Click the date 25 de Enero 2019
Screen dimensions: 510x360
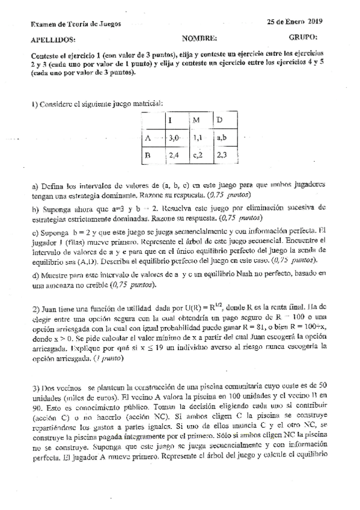click(x=295, y=22)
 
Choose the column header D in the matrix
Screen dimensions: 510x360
click(x=220, y=120)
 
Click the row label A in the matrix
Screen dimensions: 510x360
click(x=148, y=138)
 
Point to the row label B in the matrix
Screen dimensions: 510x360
click(x=148, y=155)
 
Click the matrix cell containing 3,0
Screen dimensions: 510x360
click(x=174, y=138)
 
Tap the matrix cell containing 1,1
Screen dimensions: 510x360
click(x=198, y=138)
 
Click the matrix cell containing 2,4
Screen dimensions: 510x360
click(x=174, y=155)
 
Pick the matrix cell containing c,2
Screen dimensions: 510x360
click(x=199, y=155)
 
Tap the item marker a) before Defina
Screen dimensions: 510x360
click(x=35, y=186)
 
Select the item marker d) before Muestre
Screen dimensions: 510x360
click(x=35, y=274)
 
